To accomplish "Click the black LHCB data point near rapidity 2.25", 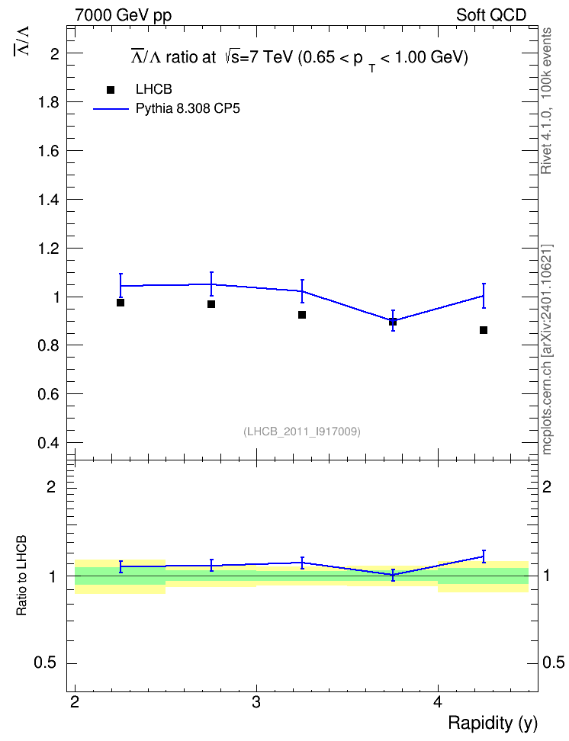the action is click(x=121, y=303).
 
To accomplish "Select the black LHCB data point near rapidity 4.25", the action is click(x=484, y=330).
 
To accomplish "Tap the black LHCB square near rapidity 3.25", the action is click(x=302, y=315).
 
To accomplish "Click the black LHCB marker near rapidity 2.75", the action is click(x=211, y=304).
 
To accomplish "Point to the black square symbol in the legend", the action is click(x=111, y=90).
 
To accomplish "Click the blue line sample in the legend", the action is click(x=111, y=109).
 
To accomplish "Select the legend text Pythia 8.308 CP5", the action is click(x=188, y=109).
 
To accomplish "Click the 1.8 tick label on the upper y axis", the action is click(x=49, y=102).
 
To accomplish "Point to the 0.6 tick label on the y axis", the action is click(x=49, y=394).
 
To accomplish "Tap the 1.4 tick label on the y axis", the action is click(x=49, y=200).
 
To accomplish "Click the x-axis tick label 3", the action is click(x=256, y=702).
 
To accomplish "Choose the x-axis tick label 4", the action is click(x=438, y=702).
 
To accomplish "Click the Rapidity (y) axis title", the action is click(x=493, y=723).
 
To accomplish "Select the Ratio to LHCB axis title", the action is click(x=21, y=576).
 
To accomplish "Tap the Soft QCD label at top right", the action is click(x=491, y=15).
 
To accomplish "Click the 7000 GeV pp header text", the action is click(x=123, y=15).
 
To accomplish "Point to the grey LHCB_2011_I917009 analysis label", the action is click(x=302, y=431).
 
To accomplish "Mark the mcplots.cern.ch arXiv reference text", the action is click(x=547, y=350).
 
